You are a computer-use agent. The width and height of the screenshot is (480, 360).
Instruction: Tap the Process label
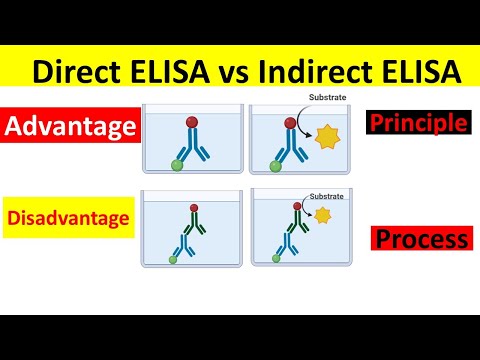click(x=421, y=239)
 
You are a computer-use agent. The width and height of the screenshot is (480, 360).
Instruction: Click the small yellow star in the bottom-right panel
click(x=321, y=215)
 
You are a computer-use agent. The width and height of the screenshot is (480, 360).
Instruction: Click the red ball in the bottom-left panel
click(x=193, y=208)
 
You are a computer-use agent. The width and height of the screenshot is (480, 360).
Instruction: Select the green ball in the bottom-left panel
click(x=172, y=259)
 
